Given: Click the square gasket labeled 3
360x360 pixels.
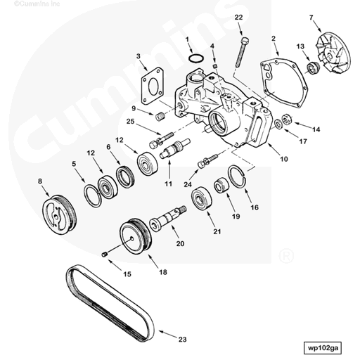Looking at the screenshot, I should tap(150, 83).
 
